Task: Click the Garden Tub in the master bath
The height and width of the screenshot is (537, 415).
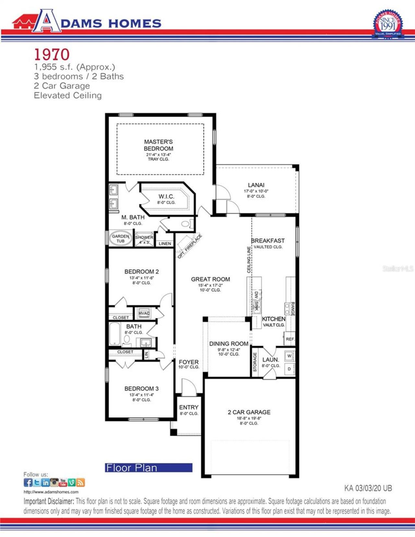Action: [120, 239]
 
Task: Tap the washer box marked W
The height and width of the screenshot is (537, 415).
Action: [289, 356]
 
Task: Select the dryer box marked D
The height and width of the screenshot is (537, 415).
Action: [289, 369]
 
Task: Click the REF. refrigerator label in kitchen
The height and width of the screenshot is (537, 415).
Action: [290, 339]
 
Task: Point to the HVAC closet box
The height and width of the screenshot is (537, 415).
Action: [144, 313]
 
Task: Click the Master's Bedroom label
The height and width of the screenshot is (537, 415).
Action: [159, 145]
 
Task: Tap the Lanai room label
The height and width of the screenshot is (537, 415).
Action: [256, 185]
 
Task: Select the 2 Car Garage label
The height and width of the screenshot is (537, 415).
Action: [249, 412]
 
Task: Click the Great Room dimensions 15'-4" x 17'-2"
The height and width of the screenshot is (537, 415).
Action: [210, 285]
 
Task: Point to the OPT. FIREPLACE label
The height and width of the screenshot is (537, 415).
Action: [190, 246]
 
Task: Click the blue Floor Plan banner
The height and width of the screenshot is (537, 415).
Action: [148, 468]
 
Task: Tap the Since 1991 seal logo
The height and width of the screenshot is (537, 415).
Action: [388, 25]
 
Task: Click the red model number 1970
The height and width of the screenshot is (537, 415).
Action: [52, 54]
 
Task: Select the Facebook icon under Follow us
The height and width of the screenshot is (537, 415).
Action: [28, 483]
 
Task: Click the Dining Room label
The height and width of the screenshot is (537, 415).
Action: [229, 344]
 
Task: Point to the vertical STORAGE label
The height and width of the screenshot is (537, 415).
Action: [255, 362]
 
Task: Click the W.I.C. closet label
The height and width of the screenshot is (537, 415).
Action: [166, 196]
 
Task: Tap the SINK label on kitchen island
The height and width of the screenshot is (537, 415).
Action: [256, 306]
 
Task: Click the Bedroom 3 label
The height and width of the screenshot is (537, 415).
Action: [141, 389]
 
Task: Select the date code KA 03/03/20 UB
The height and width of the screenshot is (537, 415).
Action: [368, 488]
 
